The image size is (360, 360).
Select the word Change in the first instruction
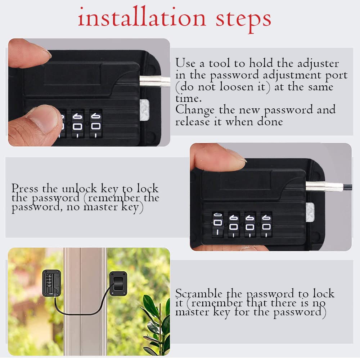pyautogui.click(x=195, y=109)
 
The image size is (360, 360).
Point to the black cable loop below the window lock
pyautogui.click(x=83, y=312)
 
